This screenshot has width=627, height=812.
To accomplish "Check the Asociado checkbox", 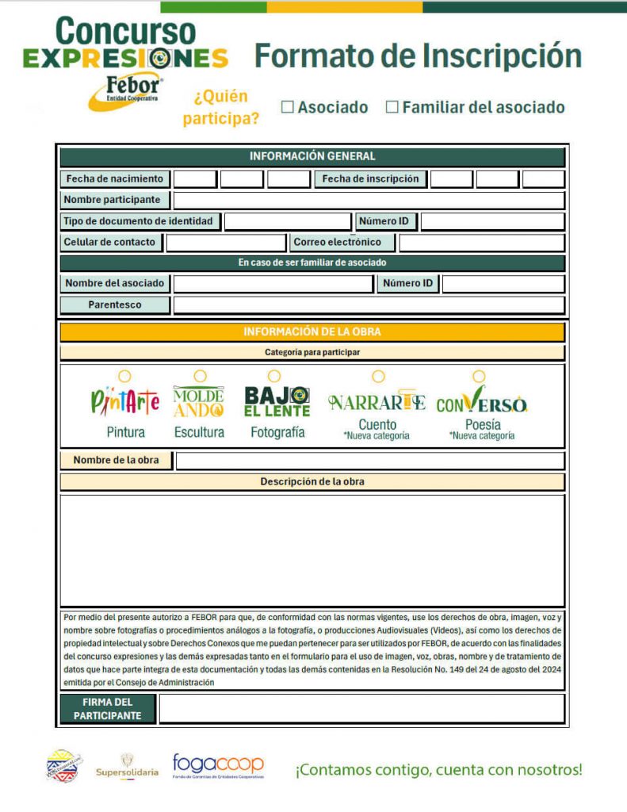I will (288, 107).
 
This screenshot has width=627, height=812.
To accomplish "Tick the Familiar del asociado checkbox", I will (392, 107).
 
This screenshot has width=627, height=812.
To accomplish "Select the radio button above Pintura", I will (124, 376).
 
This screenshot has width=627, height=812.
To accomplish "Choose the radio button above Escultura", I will (200, 376).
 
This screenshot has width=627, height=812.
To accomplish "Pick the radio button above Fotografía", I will (273, 375).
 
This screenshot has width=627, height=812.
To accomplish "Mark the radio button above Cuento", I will (378, 376).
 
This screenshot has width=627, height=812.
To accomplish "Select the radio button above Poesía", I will (479, 376).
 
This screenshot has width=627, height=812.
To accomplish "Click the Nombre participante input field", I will (369, 200).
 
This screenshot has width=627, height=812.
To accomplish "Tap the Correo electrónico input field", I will (481, 243).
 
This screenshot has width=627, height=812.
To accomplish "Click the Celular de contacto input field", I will (225, 243).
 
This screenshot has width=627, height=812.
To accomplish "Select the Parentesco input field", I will (369, 305).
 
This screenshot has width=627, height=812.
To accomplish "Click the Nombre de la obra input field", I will (369, 461).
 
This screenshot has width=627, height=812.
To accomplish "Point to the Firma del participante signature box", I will (361, 709).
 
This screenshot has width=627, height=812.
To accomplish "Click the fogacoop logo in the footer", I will (218, 767).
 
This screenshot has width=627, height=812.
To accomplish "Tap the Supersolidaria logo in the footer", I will (127, 766).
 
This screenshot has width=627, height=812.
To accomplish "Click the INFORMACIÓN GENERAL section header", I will (312, 156).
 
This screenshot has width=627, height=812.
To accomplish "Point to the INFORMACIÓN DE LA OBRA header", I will (312, 332).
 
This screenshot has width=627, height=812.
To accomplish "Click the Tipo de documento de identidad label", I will (140, 221).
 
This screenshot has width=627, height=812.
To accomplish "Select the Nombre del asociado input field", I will (273, 284).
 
